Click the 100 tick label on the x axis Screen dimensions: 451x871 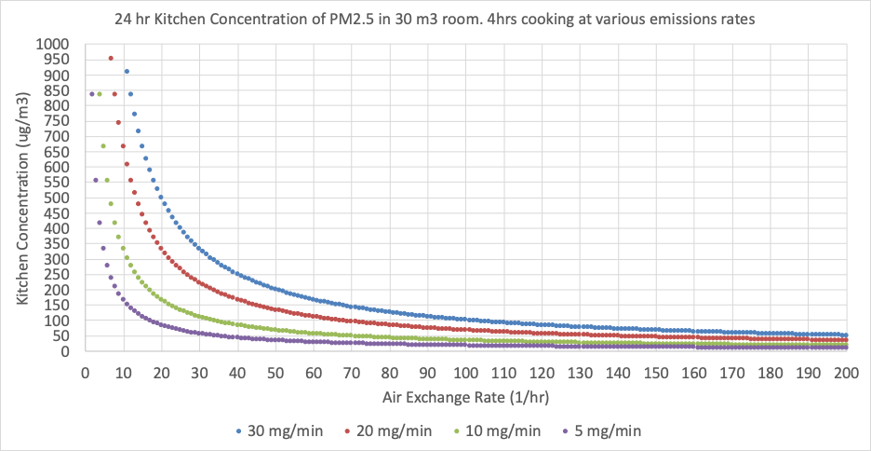(x=465, y=372)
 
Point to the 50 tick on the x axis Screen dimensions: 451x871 (x=275, y=372)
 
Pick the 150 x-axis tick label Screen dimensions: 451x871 (x=655, y=372)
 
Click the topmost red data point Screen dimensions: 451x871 (x=111, y=59)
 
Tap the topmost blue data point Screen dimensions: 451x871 (x=127, y=72)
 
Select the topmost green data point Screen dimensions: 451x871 (x=100, y=94)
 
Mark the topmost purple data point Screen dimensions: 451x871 (x=92, y=94)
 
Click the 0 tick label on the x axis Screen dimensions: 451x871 (x=85, y=372)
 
